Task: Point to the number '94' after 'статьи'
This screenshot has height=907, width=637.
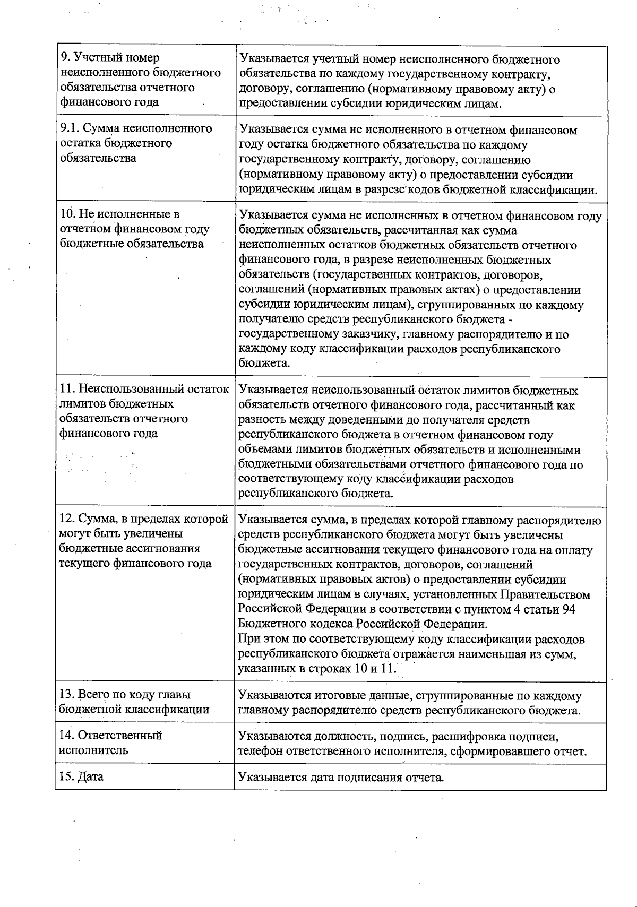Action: tap(568, 609)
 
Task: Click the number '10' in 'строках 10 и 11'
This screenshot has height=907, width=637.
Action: tap(360, 668)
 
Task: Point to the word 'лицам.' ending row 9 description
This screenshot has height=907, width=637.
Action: tap(484, 103)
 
